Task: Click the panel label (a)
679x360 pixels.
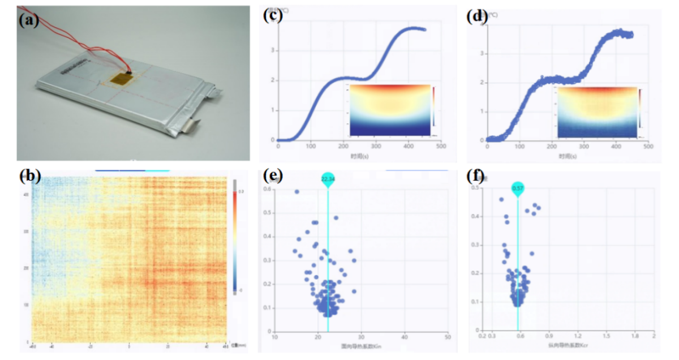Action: tap(28, 21)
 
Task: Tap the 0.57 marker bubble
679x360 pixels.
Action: tap(518, 188)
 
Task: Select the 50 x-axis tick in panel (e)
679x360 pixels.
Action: tap(448, 337)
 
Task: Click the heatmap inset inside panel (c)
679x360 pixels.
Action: tap(390, 110)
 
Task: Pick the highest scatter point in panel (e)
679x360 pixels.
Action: tap(296, 192)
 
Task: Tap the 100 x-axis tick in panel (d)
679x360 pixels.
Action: tap(519, 147)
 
